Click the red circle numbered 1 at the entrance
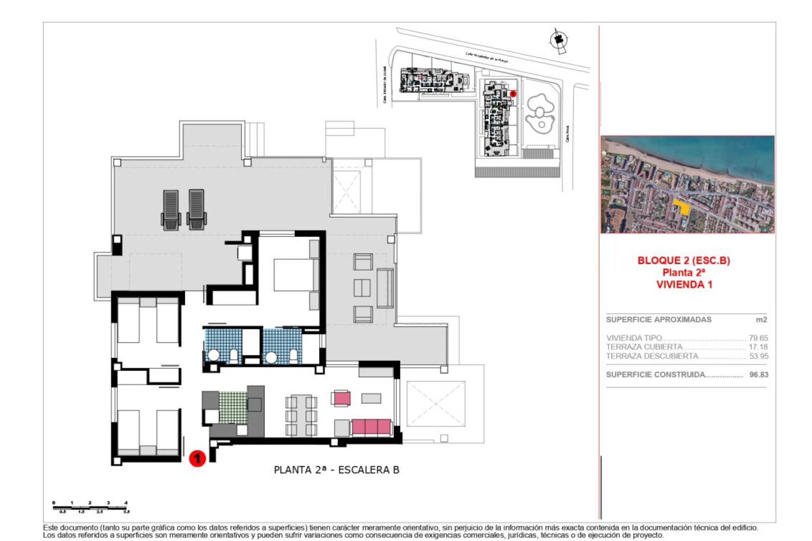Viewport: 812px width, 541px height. point(197,458)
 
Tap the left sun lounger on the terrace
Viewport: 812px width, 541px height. point(171,210)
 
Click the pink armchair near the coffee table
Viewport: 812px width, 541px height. point(341,398)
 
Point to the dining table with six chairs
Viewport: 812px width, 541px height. point(301,415)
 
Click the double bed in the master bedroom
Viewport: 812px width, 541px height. point(295,275)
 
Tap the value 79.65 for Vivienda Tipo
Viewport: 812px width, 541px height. point(758,338)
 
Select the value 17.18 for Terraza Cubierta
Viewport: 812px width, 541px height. point(758,347)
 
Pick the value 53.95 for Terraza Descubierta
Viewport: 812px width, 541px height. point(758,356)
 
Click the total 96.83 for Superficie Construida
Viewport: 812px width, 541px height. point(758,374)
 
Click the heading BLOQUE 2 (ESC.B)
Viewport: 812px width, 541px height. point(683,260)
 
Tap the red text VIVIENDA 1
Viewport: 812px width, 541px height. point(684,284)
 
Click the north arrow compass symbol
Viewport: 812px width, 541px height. point(559,41)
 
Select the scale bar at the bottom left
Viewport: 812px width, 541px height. point(91,507)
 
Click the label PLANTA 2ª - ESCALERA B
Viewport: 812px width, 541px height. point(336,470)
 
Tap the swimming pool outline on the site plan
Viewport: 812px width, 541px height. point(539,114)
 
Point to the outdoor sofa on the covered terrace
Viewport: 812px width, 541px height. point(384,288)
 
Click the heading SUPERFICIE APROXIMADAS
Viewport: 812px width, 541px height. point(658,320)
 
